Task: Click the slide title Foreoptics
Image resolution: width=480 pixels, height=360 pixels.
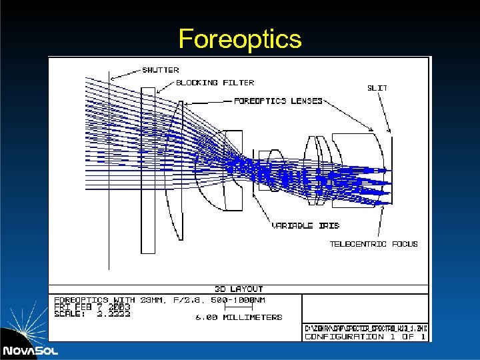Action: (x=240, y=39)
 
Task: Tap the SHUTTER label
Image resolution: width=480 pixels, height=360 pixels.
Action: (x=161, y=70)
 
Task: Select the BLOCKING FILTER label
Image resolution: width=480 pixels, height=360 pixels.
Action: (x=215, y=83)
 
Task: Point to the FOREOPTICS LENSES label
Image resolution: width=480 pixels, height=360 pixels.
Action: (x=278, y=101)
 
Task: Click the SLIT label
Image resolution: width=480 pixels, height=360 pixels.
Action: (x=377, y=87)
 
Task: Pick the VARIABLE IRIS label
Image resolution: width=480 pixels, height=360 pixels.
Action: (x=305, y=226)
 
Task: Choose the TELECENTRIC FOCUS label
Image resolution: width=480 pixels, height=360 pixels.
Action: (x=373, y=244)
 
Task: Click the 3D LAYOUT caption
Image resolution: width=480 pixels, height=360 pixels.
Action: (x=238, y=289)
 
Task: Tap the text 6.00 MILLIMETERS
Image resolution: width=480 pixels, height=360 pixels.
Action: (x=239, y=317)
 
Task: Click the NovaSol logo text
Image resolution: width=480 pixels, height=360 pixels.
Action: (x=29, y=351)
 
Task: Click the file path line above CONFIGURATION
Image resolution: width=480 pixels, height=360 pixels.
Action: (x=365, y=328)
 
